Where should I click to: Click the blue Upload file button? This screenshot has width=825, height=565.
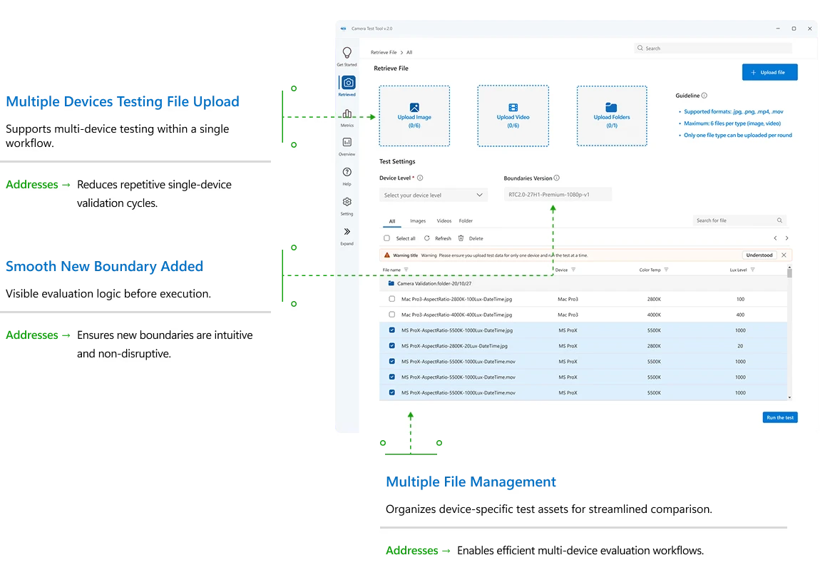769,72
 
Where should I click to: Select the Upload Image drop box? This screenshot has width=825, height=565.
414,116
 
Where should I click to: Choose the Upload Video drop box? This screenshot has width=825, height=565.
513,116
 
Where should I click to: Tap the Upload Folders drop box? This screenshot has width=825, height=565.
611,116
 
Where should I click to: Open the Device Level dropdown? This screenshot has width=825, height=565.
434,195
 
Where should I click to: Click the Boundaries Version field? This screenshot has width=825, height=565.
557,195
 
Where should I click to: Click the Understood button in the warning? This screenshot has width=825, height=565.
759,255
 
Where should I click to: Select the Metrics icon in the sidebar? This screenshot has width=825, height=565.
347,114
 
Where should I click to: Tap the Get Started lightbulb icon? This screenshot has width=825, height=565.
347,54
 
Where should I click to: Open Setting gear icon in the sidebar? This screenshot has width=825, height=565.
347,203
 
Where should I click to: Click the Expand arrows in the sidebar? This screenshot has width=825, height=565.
347,232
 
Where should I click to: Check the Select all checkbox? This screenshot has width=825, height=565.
387,238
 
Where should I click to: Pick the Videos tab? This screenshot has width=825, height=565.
444,221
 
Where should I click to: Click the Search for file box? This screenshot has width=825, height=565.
734,220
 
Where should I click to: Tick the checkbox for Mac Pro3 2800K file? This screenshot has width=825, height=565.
391,299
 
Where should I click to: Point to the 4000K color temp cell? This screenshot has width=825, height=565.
654,315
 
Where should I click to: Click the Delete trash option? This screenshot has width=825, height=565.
471,238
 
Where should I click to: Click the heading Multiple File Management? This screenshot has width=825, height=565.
471,482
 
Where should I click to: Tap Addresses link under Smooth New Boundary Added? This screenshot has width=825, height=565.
39,335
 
